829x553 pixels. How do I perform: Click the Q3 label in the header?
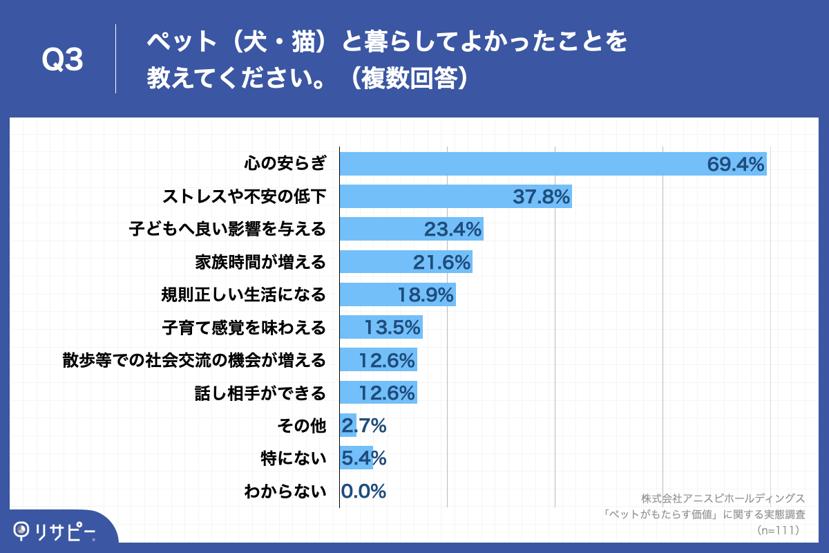coord(63,61)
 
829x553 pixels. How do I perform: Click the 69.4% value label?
coord(735,164)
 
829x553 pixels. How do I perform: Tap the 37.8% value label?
coord(541,197)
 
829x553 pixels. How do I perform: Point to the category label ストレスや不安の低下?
coord(244,197)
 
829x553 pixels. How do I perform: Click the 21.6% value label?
coord(441,262)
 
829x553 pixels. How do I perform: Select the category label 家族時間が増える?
coord(260,262)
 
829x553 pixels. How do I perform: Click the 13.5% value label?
coord(392,328)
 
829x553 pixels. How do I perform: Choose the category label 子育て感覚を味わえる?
coord(244,328)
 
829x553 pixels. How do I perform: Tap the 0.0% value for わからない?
coord(363,491)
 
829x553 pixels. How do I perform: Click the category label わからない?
coord(285,491)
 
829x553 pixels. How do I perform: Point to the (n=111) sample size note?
coord(778,530)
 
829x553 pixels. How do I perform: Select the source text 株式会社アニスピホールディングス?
coord(723,498)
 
